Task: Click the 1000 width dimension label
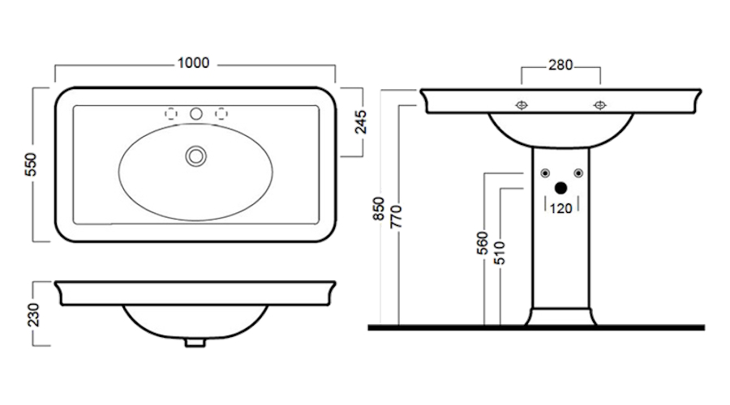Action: [x=195, y=63]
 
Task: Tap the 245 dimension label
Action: [x=362, y=122]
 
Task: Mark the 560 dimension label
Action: [x=482, y=243]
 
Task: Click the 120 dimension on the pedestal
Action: [x=560, y=207]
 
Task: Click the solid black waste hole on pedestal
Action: [x=560, y=188]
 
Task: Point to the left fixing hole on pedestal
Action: [x=543, y=173]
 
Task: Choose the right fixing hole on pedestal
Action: [x=577, y=173]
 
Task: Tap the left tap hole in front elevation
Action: [x=522, y=104]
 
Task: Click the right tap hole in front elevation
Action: [x=600, y=104]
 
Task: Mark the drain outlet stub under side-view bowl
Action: [x=195, y=341]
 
